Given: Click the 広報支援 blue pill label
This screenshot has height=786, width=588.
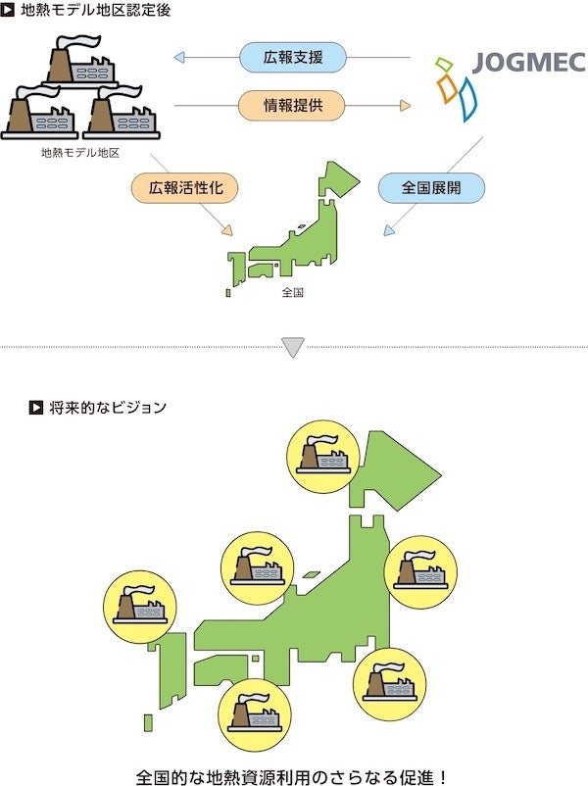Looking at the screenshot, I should (292, 58).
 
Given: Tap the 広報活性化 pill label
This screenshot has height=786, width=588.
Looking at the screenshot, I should (184, 187).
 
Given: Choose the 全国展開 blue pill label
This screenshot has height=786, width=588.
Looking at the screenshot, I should (431, 187).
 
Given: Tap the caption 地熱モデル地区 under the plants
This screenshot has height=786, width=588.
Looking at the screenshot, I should (80, 153).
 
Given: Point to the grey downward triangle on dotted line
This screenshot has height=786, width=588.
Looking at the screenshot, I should (293, 347).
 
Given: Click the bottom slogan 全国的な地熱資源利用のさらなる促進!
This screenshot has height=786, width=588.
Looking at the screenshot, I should (293, 777).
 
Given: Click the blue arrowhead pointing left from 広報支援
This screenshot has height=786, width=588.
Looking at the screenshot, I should (179, 58).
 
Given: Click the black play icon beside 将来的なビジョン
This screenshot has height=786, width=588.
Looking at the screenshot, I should (36, 406).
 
